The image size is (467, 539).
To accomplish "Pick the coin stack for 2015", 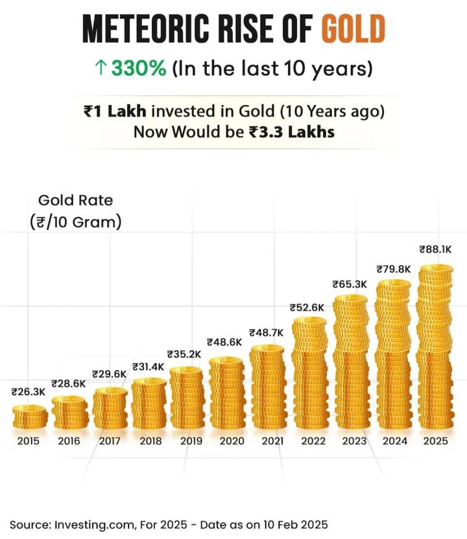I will (29, 417).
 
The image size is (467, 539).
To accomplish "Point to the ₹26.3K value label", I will (29, 391).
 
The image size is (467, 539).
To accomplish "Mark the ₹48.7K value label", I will (266, 331).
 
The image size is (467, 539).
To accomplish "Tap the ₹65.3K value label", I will (350, 283).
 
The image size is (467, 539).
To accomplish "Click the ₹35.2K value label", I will (185, 354).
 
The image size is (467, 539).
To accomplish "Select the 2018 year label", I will (150, 441).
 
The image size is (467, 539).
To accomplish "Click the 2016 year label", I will (69, 441).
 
